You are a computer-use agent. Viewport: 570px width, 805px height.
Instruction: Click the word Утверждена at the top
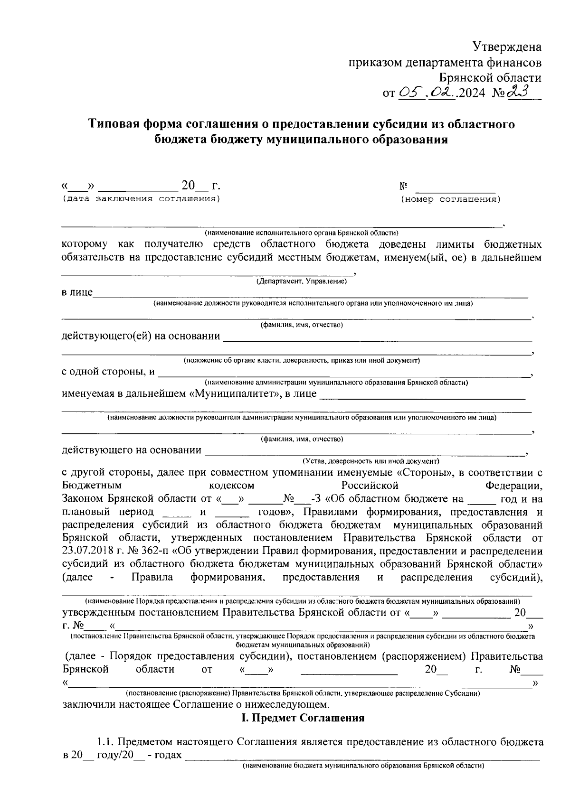pos(507,47)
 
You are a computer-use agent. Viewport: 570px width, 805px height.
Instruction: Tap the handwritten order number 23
pos(519,92)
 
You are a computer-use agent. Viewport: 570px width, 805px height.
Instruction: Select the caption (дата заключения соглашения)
pos(142,198)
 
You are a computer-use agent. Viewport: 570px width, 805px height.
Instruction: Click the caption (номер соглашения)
pos(451,199)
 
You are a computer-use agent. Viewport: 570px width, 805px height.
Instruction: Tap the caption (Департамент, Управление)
pos(302,282)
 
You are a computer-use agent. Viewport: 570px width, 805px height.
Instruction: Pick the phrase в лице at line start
pos(77,292)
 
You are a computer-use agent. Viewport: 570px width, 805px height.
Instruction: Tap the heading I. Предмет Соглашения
pos(303,718)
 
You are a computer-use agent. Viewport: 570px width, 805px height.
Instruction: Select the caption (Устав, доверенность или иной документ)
pos(371,461)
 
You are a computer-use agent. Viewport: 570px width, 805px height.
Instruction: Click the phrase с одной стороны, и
pos(108,371)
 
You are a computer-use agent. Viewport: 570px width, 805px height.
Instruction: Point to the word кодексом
pos(231,486)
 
